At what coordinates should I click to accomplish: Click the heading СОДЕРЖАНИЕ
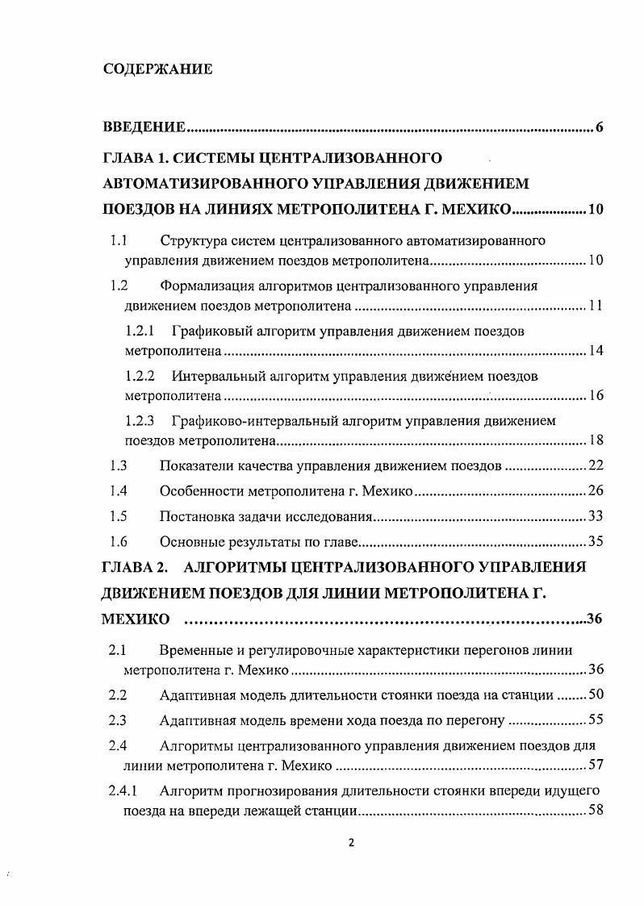157,69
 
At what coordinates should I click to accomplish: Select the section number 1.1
119,240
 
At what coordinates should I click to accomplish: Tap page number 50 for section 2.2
596,694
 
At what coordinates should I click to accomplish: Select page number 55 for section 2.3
596,720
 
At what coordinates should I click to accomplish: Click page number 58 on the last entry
596,810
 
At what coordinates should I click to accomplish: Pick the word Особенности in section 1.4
203,490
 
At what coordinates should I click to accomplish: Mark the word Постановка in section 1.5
199,516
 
